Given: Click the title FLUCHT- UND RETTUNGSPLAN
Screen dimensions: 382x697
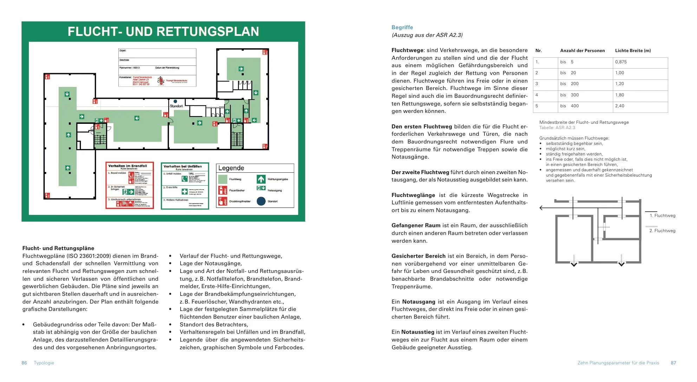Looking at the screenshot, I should (x=163, y=32).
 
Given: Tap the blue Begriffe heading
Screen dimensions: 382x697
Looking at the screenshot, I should (x=402, y=27).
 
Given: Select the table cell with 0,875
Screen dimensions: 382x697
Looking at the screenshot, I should (x=621, y=62).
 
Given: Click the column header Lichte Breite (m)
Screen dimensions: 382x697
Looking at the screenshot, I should (x=633, y=51).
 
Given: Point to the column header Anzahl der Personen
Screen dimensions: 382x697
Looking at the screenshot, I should (x=582, y=51).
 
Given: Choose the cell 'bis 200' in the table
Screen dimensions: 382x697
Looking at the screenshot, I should (x=569, y=84).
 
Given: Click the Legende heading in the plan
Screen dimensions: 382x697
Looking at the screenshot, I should (x=231, y=168).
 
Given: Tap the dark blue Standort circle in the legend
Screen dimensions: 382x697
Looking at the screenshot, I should (x=261, y=201).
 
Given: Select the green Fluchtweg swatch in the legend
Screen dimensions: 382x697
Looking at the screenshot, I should (x=223, y=179).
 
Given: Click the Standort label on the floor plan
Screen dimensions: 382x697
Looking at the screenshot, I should (x=176, y=106).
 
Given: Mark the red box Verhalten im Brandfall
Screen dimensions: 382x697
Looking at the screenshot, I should (x=130, y=185).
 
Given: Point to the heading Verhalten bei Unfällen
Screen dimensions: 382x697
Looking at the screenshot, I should (x=183, y=166).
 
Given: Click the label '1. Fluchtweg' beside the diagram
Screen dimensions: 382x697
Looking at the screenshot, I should (x=662, y=216).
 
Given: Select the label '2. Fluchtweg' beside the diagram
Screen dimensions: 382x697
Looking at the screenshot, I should (x=662, y=231).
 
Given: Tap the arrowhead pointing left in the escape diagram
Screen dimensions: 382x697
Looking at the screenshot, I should (x=541, y=208).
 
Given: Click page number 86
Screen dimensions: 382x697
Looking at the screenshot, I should (x=24, y=363).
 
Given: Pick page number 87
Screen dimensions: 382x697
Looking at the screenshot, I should (x=673, y=363).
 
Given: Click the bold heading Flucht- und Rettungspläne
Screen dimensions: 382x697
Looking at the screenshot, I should (x=58, y=248).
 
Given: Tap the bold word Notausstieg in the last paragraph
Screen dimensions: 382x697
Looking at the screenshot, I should (x=418, y=332).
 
